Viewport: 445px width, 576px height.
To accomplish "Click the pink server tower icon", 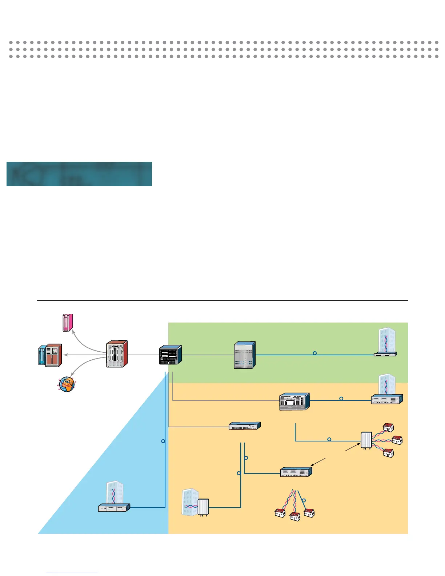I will [x=68, y=323].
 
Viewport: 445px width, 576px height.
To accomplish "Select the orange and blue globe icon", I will [x=67, y=384].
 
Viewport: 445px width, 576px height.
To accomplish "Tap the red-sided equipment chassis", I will [x=117, y=354].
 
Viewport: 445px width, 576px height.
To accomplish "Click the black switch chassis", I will [x=170, y=355].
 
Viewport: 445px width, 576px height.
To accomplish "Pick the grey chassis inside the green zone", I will [x=245, y=355].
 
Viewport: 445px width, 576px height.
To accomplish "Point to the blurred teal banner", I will [x=79, y=174].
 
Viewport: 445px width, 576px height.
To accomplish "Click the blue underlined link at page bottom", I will [x=72, y=572].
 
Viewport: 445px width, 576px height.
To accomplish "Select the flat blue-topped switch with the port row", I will [x=245, y=426].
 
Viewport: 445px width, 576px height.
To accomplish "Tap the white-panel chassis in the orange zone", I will [x=294, y=401].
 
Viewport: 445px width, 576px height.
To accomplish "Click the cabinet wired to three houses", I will [x=366, y=440].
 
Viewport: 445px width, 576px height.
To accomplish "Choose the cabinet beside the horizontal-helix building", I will [x=203, y=507].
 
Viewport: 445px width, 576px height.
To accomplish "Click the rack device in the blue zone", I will [x=114, y=508].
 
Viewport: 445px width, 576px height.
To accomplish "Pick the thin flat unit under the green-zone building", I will [x=385, y=353].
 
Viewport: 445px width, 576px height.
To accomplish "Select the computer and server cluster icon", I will [x=50, y=355].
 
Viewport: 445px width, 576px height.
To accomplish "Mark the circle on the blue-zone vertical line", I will [x=163, y=441].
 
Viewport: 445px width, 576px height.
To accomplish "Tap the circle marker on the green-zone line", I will [x=315, y=353].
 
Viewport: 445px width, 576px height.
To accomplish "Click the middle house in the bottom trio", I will [x=294, y=516].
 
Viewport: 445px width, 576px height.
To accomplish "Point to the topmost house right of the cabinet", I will [x=388, y=427].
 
